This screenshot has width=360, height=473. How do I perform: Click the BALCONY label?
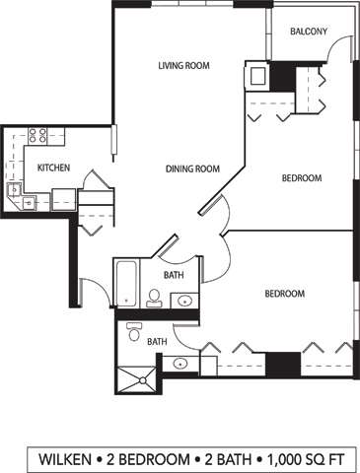(309, 33)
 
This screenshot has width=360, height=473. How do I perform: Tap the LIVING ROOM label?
(184, 67)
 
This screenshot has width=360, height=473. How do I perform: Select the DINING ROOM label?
(191, 169)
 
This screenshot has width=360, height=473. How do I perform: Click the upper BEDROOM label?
(302, 178)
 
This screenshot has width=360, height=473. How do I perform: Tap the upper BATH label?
(174, 275)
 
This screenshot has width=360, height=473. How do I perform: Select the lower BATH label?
(157, 342)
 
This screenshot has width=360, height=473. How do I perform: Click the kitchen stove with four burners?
(39, 136)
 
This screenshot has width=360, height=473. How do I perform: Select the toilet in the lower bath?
(134, 333)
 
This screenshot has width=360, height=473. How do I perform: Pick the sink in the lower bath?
(180, 364)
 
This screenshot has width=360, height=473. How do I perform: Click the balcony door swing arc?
(344, 51)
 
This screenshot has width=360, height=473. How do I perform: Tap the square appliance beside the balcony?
(258, 77)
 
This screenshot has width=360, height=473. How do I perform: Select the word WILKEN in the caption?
(68, 458)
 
